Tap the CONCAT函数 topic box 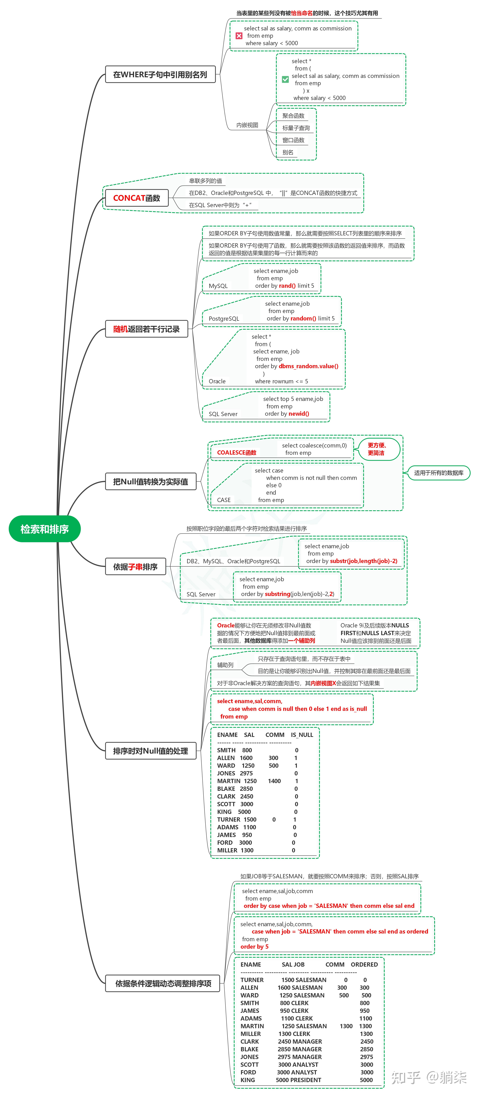click(137, 198)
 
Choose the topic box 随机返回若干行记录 click(146, 329)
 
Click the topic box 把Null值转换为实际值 click(151, 482)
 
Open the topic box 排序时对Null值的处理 click(151, 751)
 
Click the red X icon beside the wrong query click(239, 36)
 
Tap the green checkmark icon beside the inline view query click(285, 79)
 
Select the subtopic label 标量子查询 click(296, 128)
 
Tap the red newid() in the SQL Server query click(299, 413)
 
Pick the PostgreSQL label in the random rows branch click(224, 319)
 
